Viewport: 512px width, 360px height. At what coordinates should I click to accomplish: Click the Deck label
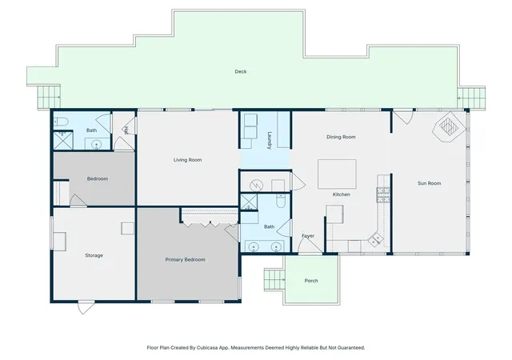coord(241,71)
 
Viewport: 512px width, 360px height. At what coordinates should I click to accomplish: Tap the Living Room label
coord(187,160)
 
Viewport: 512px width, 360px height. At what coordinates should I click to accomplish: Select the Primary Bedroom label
coord(185,260)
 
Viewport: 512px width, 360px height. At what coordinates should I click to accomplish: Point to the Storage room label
coord(94,255)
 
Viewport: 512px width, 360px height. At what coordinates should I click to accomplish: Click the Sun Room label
coord(430,183)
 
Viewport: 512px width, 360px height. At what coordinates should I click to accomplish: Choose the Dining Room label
coord(342,137)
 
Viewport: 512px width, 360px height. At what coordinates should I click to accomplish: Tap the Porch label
coord(311,281)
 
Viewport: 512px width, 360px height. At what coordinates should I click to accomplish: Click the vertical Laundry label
coord(270,141)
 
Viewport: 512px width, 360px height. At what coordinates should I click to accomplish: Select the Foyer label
coord(308,235)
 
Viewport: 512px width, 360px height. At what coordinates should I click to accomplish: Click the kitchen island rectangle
coord(337,174)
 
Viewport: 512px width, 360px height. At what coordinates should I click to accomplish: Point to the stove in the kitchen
coord(383,195)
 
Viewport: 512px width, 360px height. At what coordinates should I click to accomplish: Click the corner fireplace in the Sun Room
coord(449,126)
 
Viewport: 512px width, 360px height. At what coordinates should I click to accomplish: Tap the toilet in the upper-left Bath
coord(61,122)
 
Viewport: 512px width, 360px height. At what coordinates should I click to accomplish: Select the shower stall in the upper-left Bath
coord(63,141)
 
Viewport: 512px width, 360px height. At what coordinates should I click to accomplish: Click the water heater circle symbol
coord(256,186)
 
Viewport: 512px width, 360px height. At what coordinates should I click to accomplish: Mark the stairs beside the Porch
coord(274,279)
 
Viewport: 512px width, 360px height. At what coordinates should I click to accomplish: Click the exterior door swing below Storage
coord(86,308)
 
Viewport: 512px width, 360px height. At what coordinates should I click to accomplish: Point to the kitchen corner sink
coord(375,239)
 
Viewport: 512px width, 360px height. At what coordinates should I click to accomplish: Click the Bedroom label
coord(98,178)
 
